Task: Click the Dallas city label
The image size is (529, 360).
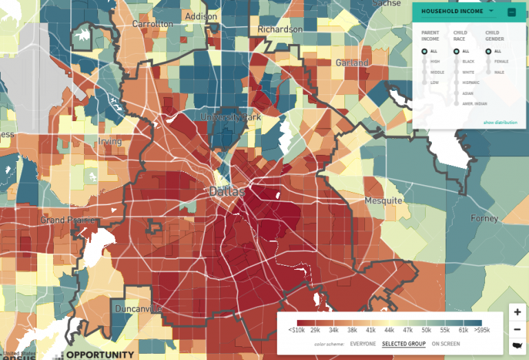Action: click(x=227, y=191)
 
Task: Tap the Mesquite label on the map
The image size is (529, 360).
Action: click(x=382, y=200)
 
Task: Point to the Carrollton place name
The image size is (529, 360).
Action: click(x=152, y=23)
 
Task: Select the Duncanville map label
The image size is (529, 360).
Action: click(x=138, y=308)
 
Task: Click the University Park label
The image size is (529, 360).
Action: click(x=230, y=117)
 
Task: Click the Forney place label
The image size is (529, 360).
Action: click(x=484, y=218)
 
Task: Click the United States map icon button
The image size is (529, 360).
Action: click(x=517, y=346)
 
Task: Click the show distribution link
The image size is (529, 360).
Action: click(x=499, y=122)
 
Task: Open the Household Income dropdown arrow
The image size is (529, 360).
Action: click(x=491, y=11)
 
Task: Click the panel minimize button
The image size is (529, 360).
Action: click(x=512, y=12)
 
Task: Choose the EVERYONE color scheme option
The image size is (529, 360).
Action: click(x=363, y=343)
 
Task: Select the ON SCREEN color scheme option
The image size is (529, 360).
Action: click(x=446, y=343)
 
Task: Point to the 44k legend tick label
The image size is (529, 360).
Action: click(x=389, y=331)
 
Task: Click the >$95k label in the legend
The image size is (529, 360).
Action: click(x=482, y=331)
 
